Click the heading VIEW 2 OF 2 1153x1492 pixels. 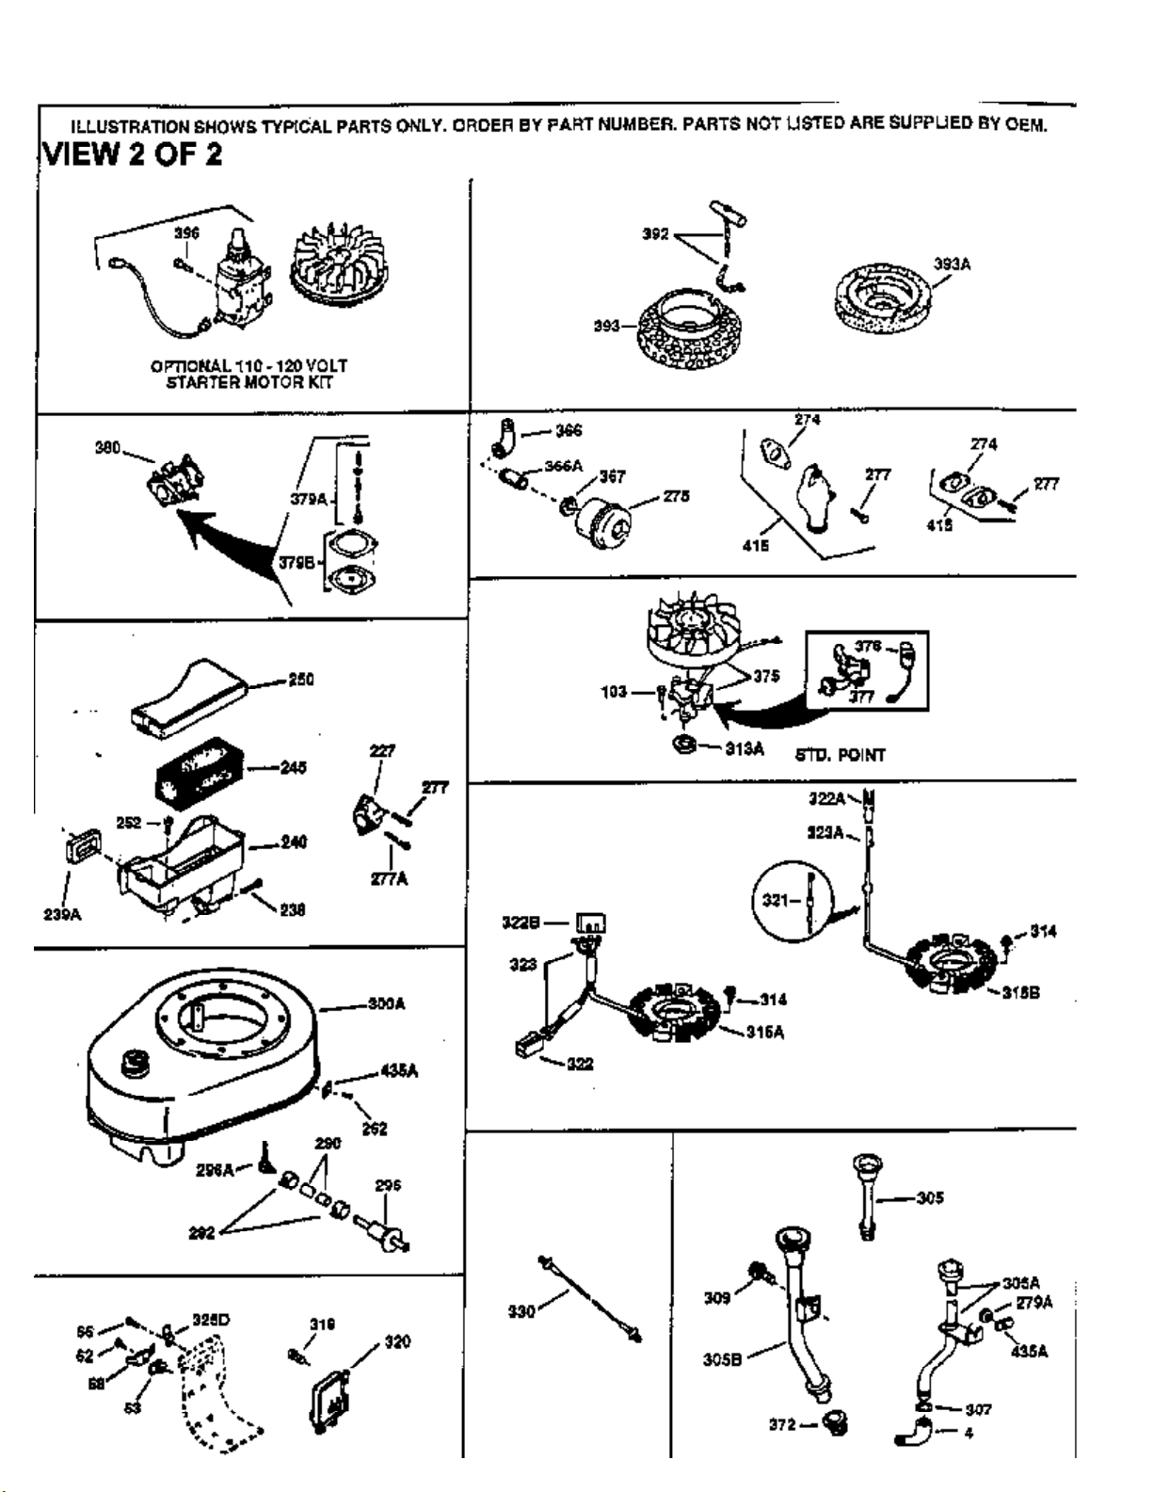(x=133, y=153)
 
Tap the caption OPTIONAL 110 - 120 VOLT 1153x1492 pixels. (x=248, y=365)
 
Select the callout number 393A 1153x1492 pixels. (x=952, y=265)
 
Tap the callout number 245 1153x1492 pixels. (x=293, y=767)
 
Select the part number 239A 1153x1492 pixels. (x=62, y=914)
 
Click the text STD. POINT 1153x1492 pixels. (x=840, y=755)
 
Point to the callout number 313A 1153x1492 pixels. (x=744, y=748)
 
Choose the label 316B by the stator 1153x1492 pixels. (x=1020, y=992)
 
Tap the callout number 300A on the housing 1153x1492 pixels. (x=386, y=1004)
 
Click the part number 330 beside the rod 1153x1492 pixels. (x=520, y=1310)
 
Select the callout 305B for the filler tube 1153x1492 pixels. (x=722, y=1359)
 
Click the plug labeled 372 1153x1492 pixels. (x=834, y=1423)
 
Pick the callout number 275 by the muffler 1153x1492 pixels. (x=676, y=496)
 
